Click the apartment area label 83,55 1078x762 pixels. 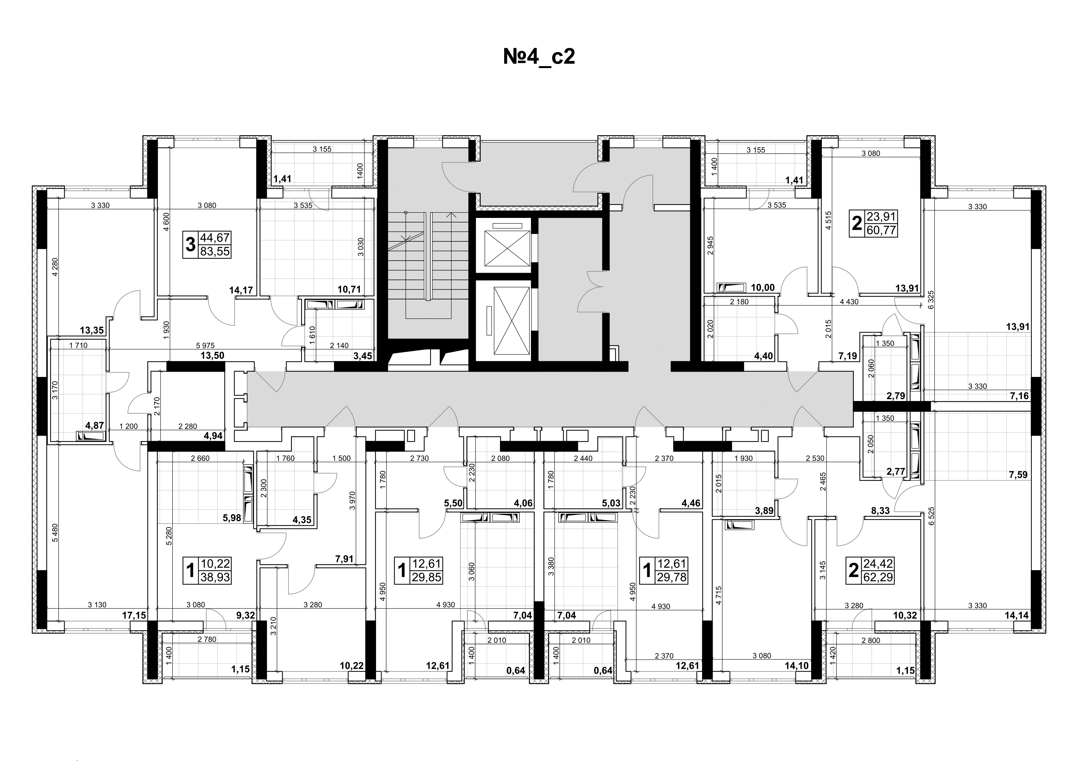click(x=215, y=252)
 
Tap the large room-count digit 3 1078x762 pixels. click(x=190, y=245)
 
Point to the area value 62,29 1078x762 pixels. click(x=878, y=577)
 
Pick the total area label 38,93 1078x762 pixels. click(x=215, y=577)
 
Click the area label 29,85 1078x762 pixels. click(x=427, y=577)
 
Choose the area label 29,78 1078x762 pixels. click(x=672, y=577)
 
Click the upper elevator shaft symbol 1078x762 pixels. click(x=503, y=245)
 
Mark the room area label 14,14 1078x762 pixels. click(x=1017, y=615)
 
